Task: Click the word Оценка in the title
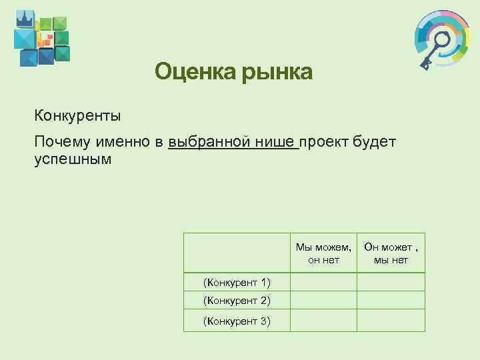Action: coord(187,71)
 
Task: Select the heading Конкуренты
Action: coord(78,116)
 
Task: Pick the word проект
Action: coord(324,142)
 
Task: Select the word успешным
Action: coord(71,160)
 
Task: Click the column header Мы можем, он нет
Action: coord(323,254)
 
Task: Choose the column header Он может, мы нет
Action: coord(391,254)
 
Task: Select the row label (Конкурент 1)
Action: coord(237,282)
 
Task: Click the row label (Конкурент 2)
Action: coord(237,301)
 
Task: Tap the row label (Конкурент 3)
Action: coord(237,321)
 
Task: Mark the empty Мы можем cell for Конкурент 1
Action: coord(323,282)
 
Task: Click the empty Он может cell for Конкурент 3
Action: coord(391,321)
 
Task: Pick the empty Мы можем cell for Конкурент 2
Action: coord(323,301)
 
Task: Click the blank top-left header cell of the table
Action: coord(237,253)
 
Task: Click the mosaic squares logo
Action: coord(41,39)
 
